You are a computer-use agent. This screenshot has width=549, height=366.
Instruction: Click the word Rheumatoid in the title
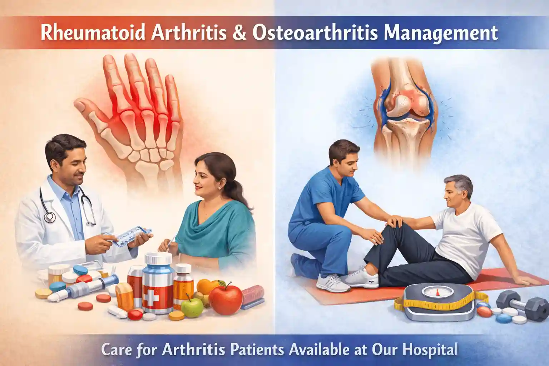click(93, 33)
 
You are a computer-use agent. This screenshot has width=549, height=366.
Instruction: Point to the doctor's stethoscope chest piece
click(50, 216)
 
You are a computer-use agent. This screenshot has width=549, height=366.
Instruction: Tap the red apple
click(226, 298)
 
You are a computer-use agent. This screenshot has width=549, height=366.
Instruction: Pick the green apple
click(192, 308)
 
